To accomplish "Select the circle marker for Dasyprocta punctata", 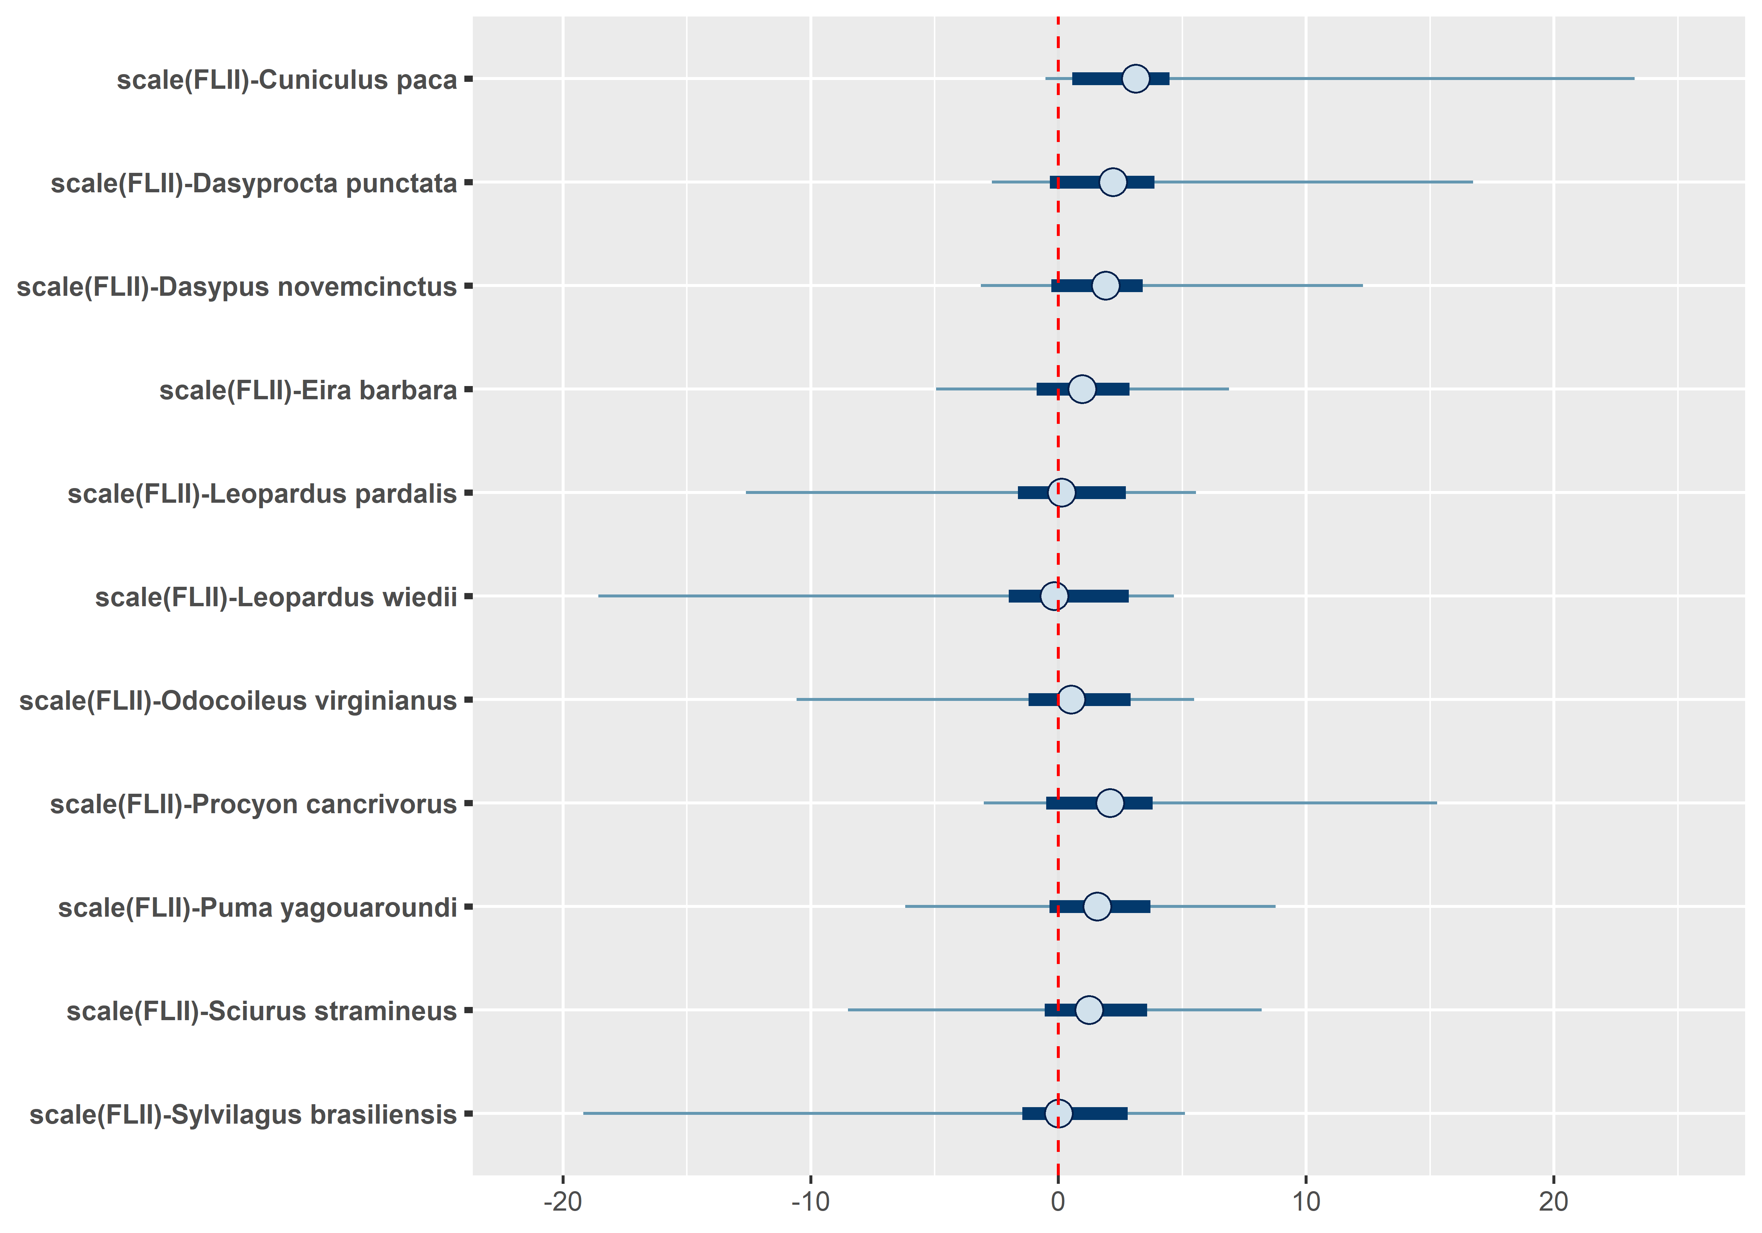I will click(x=1113, y=182).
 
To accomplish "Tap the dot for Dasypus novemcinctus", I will click(x=1105, y=285).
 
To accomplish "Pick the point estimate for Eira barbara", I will click(x=1082, y=389).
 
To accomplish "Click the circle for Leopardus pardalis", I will click(x=1061, y=492).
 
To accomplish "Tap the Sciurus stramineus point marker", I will click(x=1089, y=1010).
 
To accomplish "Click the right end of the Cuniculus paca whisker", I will click(x=1634, y=78).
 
